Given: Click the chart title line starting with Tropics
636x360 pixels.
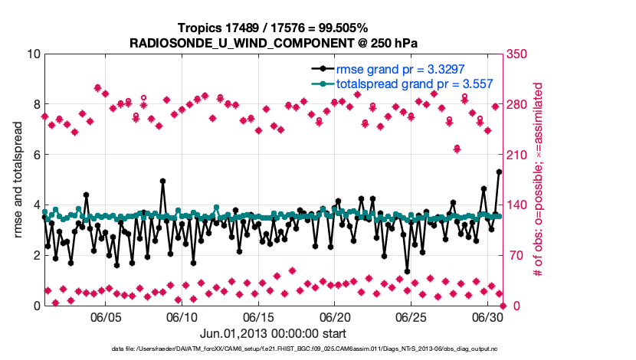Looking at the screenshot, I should point(272,28).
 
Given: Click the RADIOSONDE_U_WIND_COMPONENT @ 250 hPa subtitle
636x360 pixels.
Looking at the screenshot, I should point(272,42).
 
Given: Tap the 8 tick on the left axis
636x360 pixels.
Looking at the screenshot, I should point(35,104).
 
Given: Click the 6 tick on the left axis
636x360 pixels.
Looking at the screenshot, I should point(35,155).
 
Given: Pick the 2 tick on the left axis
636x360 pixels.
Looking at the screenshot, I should point(35,255).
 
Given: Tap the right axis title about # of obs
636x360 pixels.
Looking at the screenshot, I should point(538,179).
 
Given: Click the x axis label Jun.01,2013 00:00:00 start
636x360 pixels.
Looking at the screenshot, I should point(273,333).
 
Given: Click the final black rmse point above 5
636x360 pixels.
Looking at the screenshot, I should point(499,172).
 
